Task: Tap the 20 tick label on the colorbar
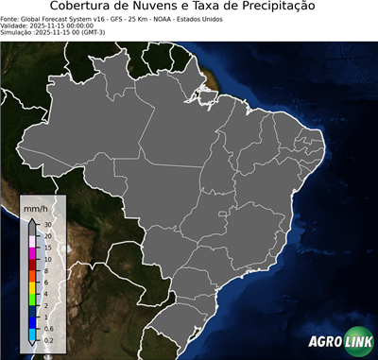tap(46, 236)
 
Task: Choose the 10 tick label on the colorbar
tap(46, 259)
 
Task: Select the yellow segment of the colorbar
tap(33, 287)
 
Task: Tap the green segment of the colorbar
tap(33, 299)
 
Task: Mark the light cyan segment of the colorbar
tap(33, 333)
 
